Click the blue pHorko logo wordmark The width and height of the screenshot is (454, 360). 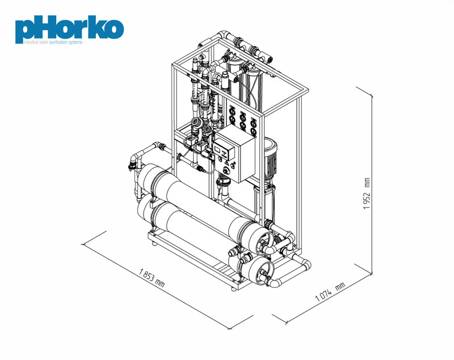pos(69,29)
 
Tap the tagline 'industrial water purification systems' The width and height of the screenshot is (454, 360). pos(53,42)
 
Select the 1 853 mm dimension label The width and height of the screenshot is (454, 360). pos(152,278)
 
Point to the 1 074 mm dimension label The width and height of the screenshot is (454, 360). pos(330,292)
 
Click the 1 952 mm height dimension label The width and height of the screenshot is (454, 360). pos(367,193)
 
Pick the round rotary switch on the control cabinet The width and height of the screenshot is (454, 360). pos(226,171)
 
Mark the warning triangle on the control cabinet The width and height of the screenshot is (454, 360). pos(227,163)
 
